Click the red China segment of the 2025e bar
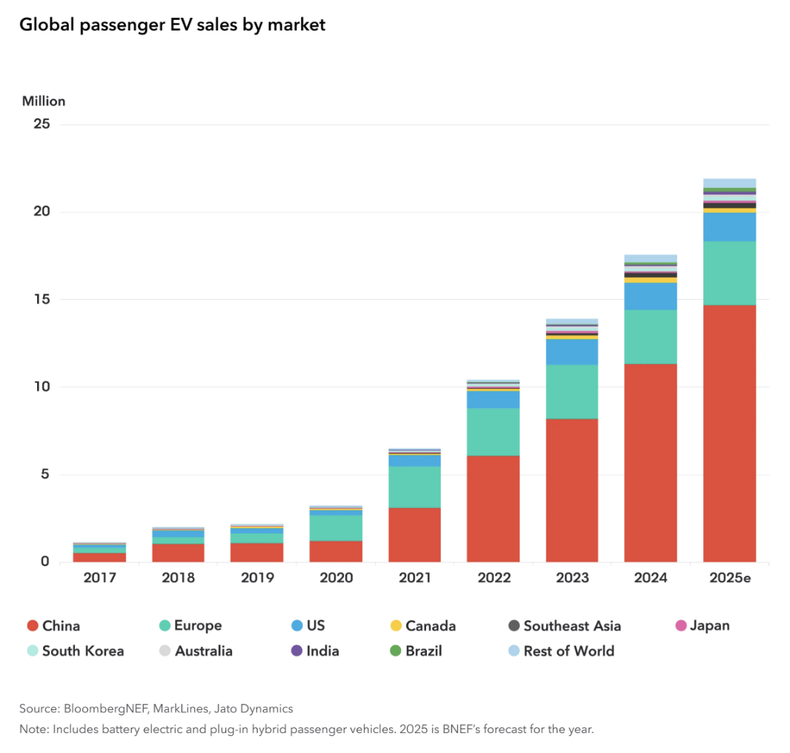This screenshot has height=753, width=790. [729, 433]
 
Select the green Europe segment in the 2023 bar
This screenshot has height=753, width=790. [571, 391]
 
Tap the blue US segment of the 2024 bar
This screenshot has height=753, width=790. [650, 296]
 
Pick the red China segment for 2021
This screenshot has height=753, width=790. [414, 534]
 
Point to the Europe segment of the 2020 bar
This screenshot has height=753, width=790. [336, 527]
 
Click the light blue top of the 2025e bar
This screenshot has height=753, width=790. [729, 183]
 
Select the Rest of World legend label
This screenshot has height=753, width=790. [568, 651]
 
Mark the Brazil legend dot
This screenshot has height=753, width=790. [394, 651]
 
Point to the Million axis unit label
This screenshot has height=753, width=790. [44, 101]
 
